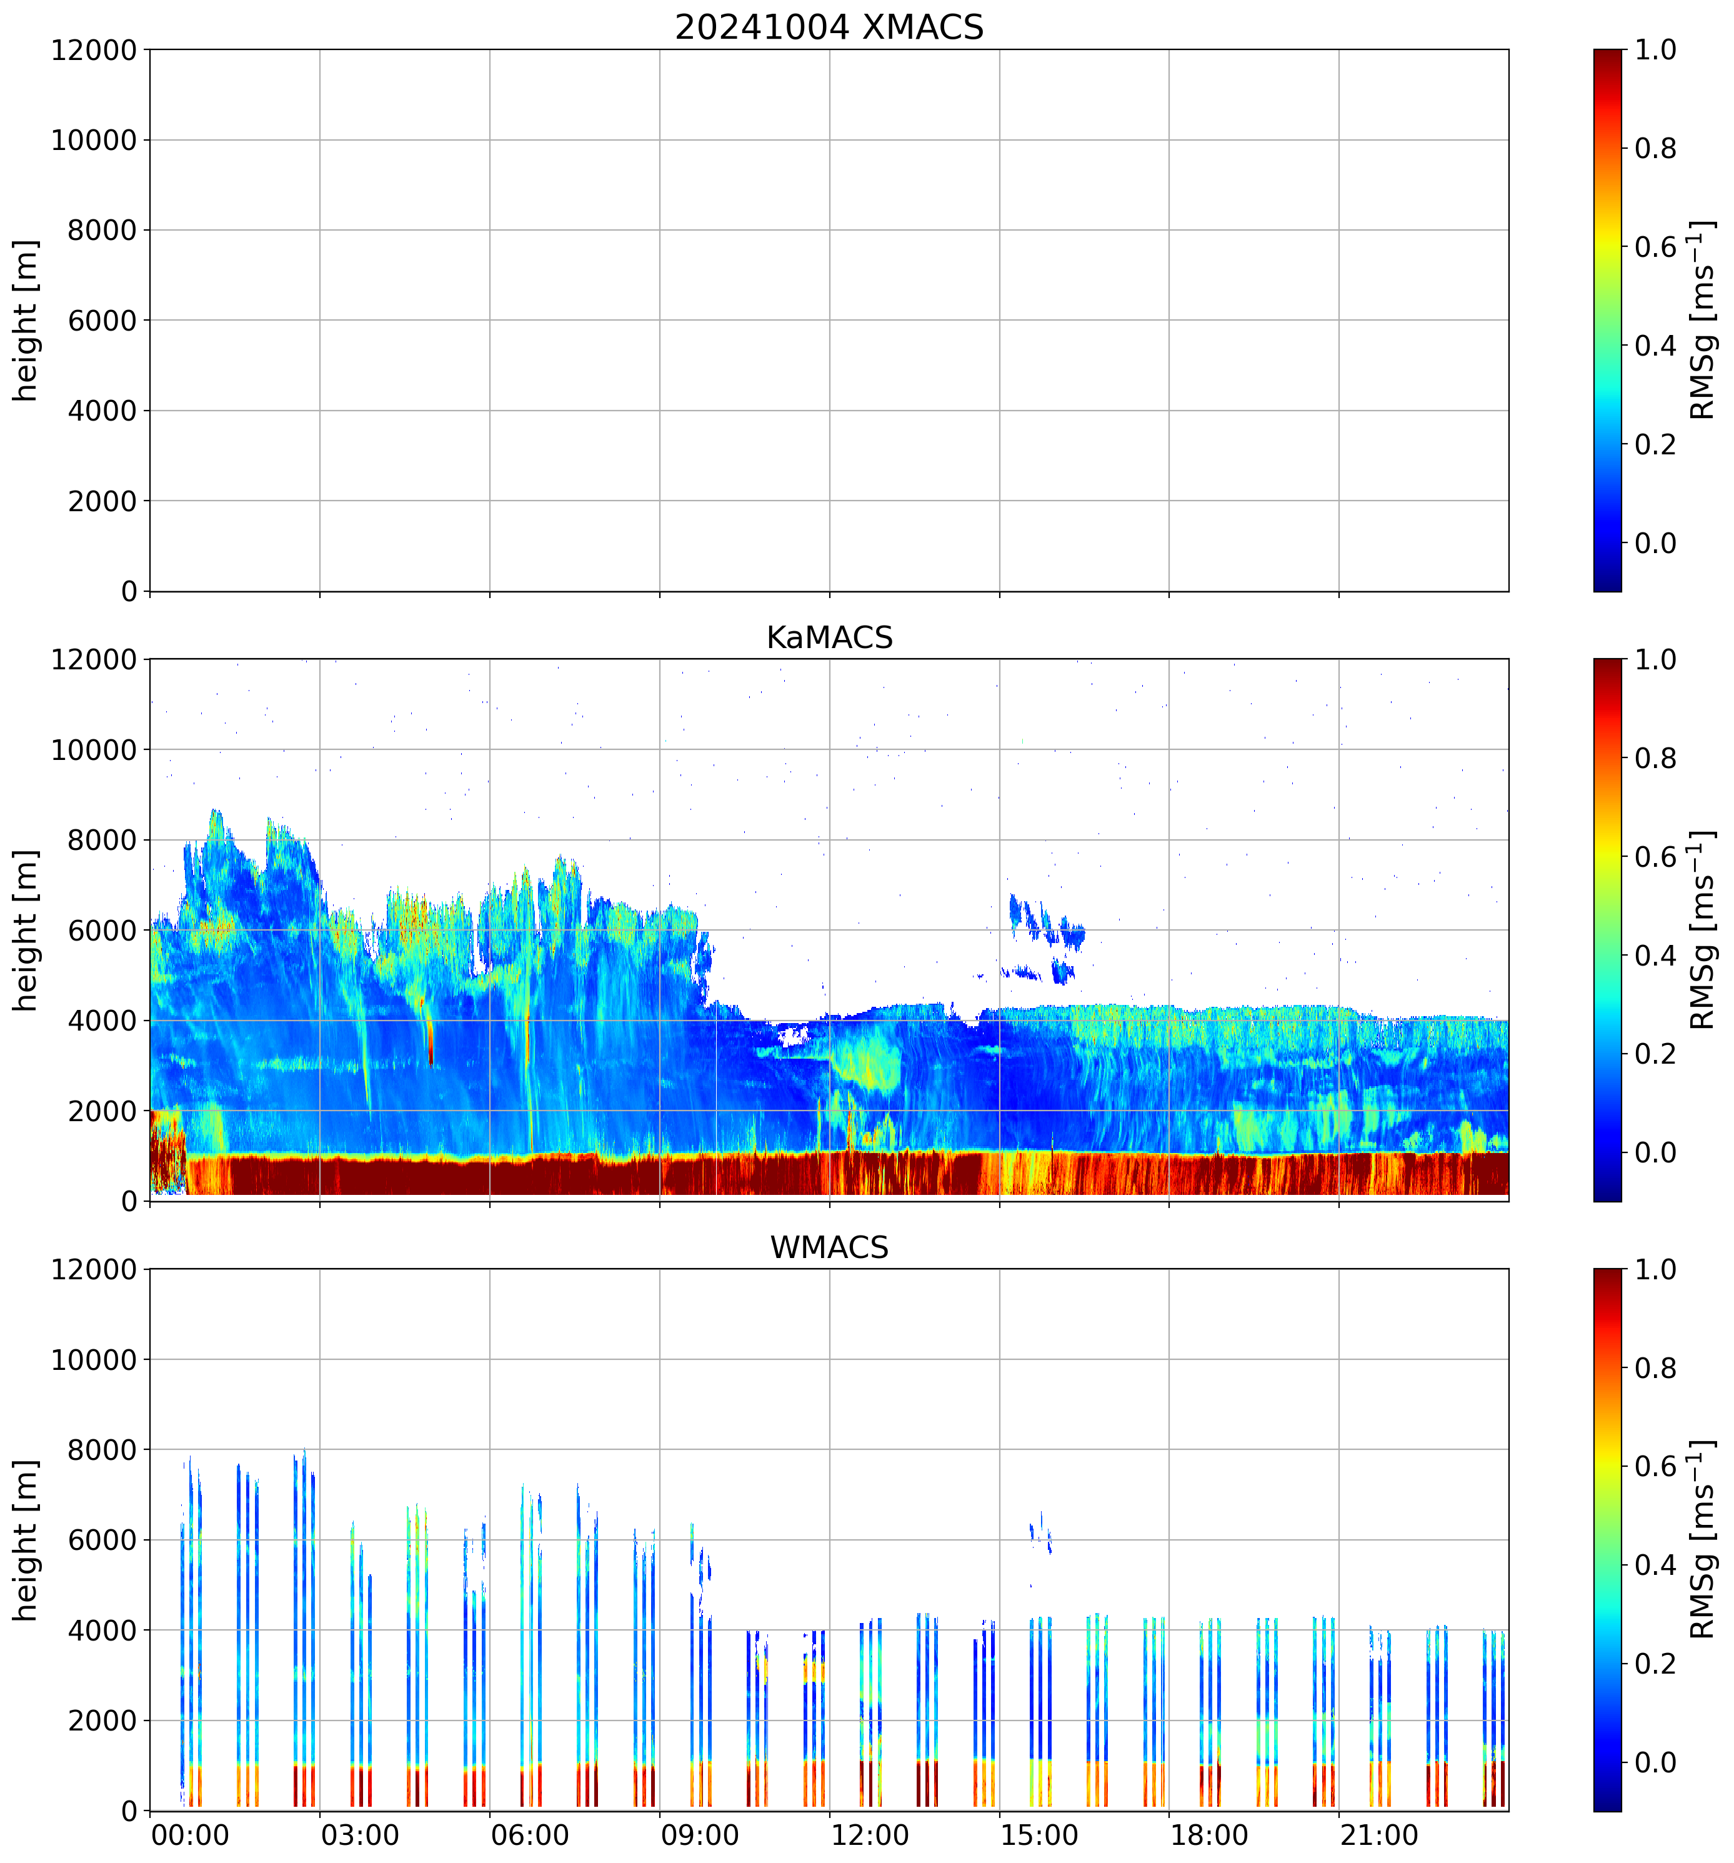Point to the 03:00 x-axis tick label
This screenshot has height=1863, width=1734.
360,1835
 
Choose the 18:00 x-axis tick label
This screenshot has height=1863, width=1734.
1208,1835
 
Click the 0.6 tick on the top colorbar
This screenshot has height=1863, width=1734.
1655,247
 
